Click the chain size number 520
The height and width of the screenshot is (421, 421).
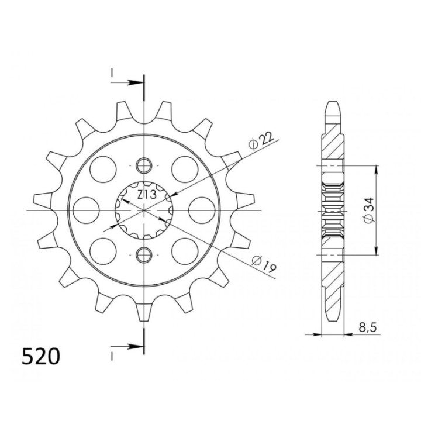click(x=41, y=356)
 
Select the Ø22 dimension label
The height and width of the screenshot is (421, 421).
click(x=261, y=140)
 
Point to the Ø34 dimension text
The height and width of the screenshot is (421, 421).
click(x=368, y=210)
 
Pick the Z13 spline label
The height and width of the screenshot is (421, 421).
click(x=147, y=195)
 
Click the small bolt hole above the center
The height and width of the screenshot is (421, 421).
click(x=144, y=165)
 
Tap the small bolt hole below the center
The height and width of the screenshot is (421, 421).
click(x=144, y=254)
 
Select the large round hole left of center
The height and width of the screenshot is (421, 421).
click(x=86, y=210)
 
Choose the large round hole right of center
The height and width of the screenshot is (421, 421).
click(x=202, y=210)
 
